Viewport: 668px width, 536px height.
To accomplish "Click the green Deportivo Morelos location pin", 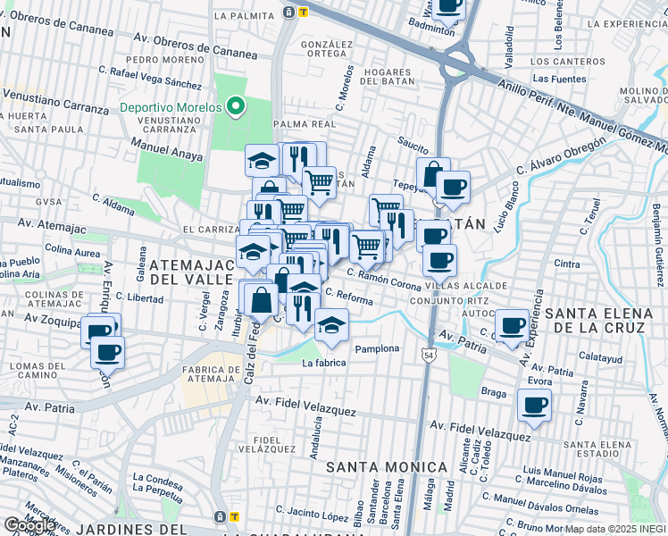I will pyautogui.click(x=236, y=108).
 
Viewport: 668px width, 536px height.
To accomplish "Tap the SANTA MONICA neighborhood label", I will pyautogui.click(x=386, y=467).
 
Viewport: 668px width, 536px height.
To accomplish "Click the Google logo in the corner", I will pyautogui.click(x=30, y=525).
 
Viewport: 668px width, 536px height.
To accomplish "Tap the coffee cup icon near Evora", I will pyautogui.click(x=535, y=406).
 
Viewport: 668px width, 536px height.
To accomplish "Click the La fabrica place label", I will pyautogui.click(x=323, y=363).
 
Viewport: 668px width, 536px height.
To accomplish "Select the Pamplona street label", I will pyautogui.click(x=376, y=348).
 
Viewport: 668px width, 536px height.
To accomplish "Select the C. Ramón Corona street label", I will pyautogui.click(x=384, y=285).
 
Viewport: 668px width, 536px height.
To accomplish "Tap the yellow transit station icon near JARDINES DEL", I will pyautogui.click(x=235, y=516).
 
